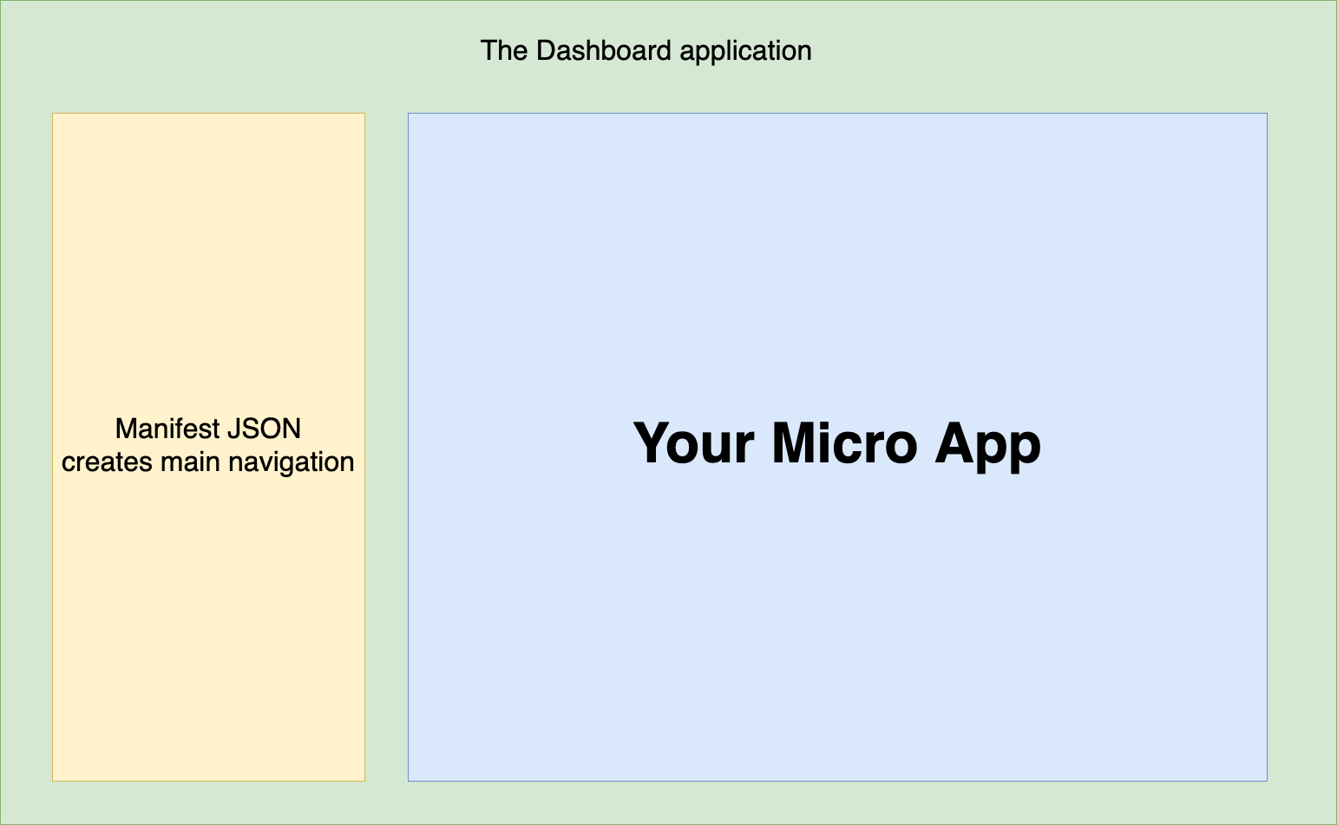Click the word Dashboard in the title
click(604, 50)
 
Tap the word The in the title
click(504, 50)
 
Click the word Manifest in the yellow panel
click(167, 429)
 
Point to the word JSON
click(265, 429)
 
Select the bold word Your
click(693, 443)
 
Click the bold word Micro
click(844, 443)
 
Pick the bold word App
click(988, 447)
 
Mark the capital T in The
click(489, 50)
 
